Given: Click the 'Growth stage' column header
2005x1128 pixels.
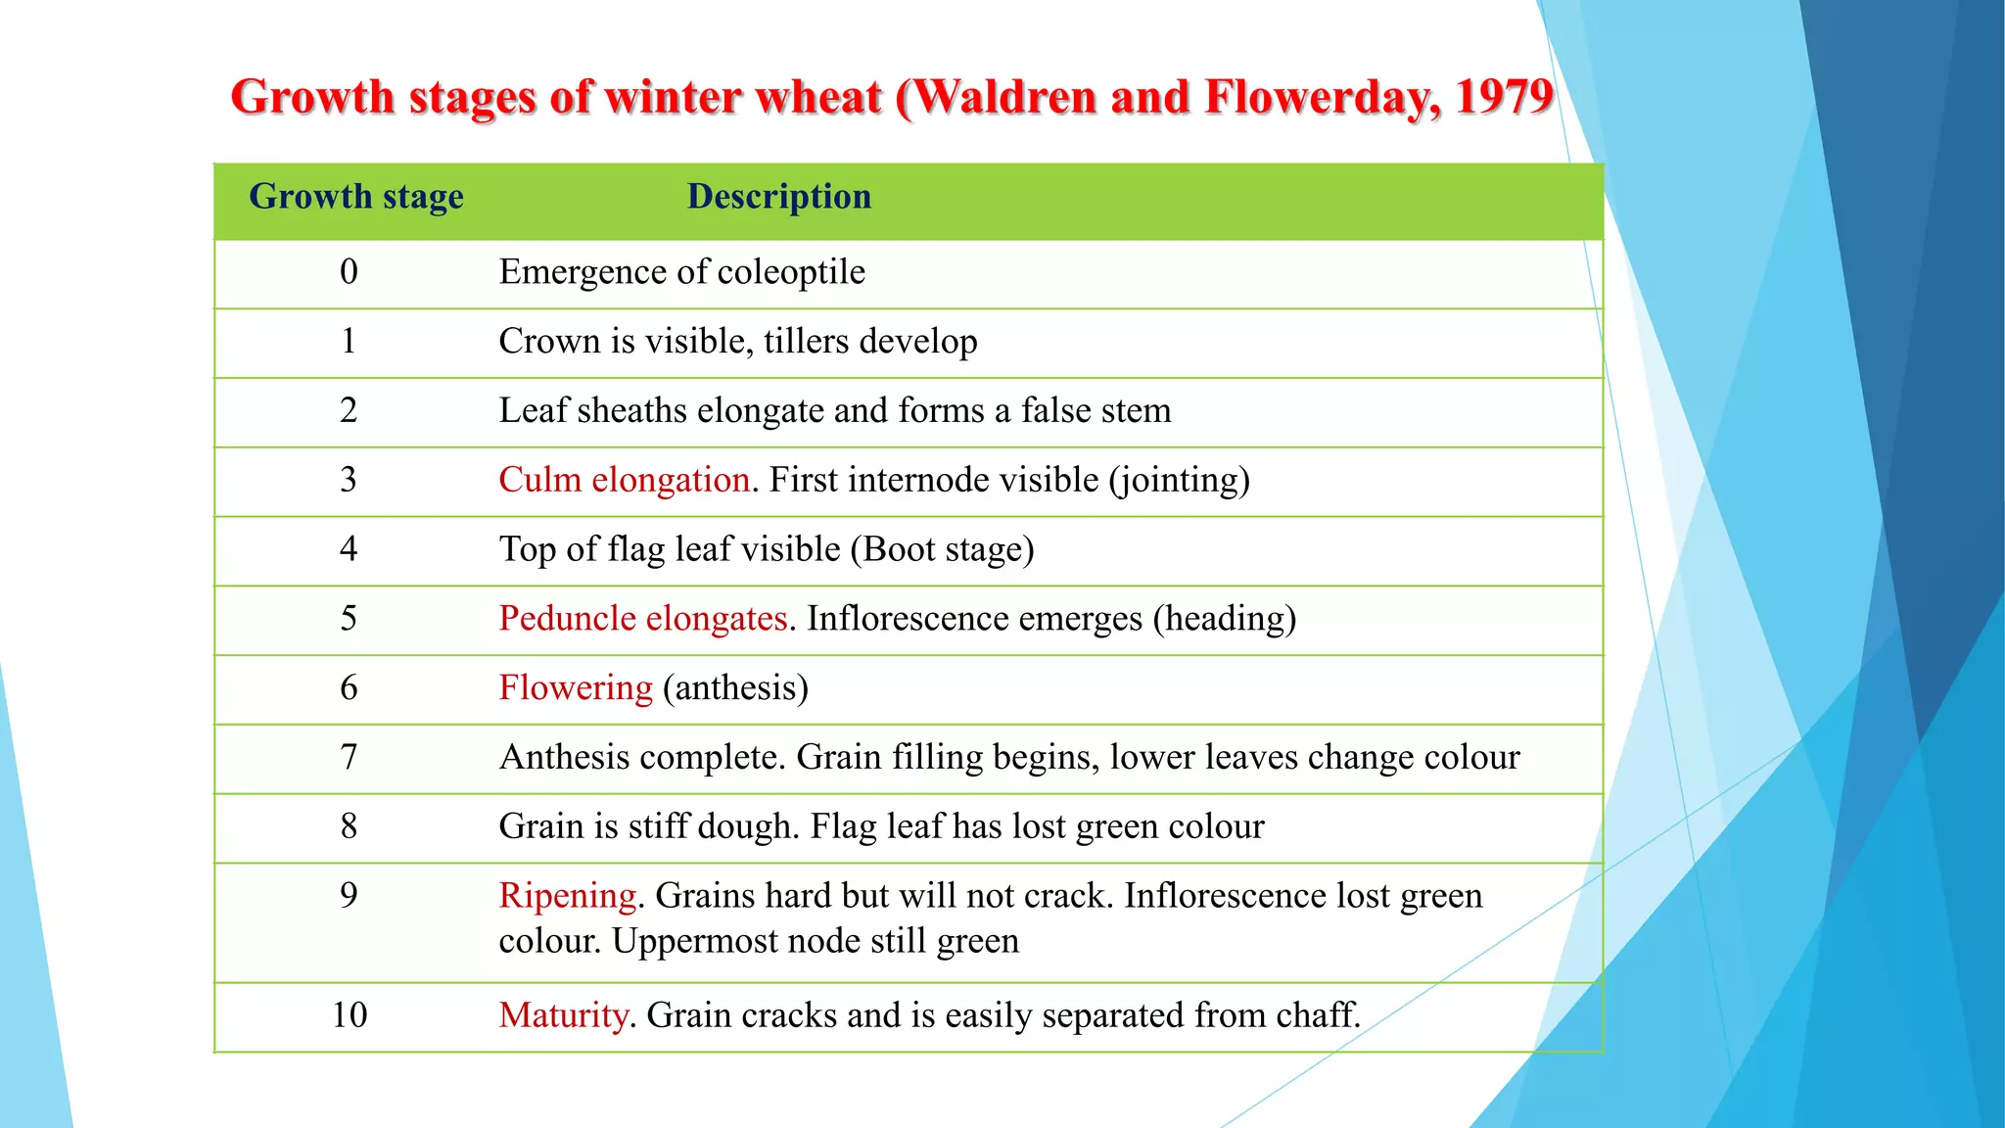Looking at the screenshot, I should [356, 197].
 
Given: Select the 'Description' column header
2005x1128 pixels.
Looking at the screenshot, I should [778, 197].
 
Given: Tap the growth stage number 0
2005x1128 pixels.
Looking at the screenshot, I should [349, 272].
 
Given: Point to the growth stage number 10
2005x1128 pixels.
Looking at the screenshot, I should [350, 1015].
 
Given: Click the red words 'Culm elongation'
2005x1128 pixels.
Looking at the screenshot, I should [624, 481].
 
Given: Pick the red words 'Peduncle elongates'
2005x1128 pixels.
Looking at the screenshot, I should [642, 619].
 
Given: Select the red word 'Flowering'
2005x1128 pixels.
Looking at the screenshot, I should [576, 688].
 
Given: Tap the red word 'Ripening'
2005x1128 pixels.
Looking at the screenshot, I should [567, 896].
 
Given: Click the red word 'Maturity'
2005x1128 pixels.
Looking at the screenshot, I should [563, 1015].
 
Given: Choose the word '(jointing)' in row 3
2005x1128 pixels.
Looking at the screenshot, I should [1179, 481].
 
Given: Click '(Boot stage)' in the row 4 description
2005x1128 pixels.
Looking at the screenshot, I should [942, 550].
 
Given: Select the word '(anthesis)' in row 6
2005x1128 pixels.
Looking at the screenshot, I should [735, 688].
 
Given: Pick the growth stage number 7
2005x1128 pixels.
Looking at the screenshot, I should [349, 758].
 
